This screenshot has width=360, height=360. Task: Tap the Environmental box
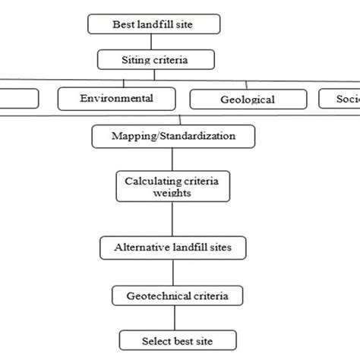point(116,98)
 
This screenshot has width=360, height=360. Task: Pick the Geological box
point(248,99)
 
